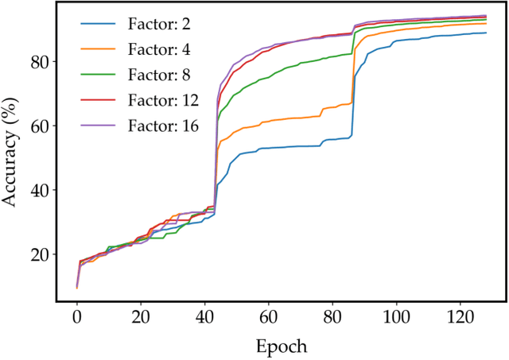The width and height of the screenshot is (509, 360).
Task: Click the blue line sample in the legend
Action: pyautogui.click(x=97, y=25)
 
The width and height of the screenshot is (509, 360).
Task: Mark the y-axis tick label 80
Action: pyautogui.click(x=39, y=62)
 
